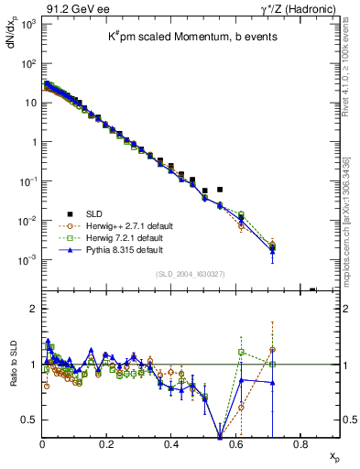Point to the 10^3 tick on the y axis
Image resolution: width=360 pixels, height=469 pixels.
(x=27, y=23)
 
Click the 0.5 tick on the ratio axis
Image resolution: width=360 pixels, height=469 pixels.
(x=29, y=420)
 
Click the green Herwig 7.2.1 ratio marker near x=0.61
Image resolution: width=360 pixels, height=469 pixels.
(x=241, y=351)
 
